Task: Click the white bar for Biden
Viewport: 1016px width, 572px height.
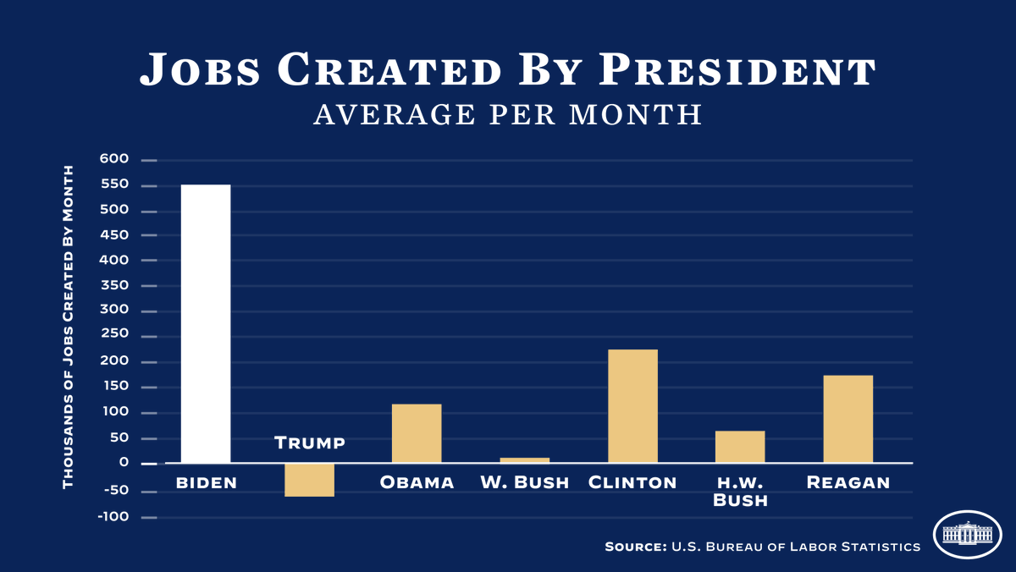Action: [206, 323]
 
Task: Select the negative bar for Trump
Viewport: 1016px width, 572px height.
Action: [309, 480]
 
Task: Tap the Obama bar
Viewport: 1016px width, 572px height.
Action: [417, 433]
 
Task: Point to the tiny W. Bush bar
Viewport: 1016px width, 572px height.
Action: [525, 460]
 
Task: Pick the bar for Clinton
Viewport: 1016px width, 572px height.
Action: [632, 406]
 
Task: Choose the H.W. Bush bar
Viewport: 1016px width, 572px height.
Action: [740, 447]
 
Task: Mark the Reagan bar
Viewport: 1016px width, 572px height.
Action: [848, 419]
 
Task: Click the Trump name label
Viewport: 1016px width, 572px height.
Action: [310, 443]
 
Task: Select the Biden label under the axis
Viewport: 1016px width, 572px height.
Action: [206, 483]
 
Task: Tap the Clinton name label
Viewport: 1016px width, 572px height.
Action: [632, 483]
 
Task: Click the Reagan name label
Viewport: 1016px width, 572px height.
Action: [848, 483]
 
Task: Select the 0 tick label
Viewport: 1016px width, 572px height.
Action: [124, 463]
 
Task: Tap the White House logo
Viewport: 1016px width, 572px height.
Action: [967, 534]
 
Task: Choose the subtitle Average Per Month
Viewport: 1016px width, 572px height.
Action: [508, 114]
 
